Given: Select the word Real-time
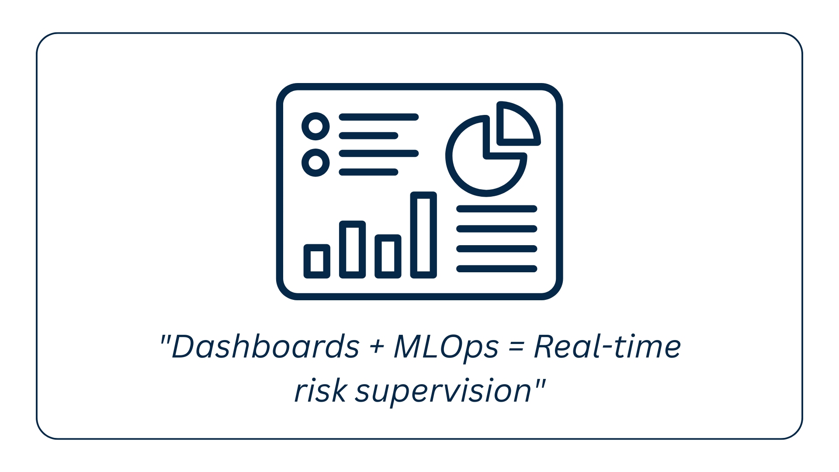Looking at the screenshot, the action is click(x=607, y=347).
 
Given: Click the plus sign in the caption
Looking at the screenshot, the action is click(x=376, y=348).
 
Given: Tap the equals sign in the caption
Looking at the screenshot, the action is click(x=516, y=348).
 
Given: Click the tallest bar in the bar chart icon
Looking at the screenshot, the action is click(x=423, y=235).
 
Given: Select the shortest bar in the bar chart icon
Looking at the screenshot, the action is click(x=317, y=261).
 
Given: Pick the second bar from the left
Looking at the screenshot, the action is click(x=353, y=250).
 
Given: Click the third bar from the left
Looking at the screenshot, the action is click(x=388, y=257).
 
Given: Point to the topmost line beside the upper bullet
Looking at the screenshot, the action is click(x=379, y=117).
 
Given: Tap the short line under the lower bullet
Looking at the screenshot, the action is click(x=369, y=172).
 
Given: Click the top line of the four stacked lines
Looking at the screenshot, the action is click(x=497, y=209).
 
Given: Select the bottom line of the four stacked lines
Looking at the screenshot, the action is click(x=497, y=269).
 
